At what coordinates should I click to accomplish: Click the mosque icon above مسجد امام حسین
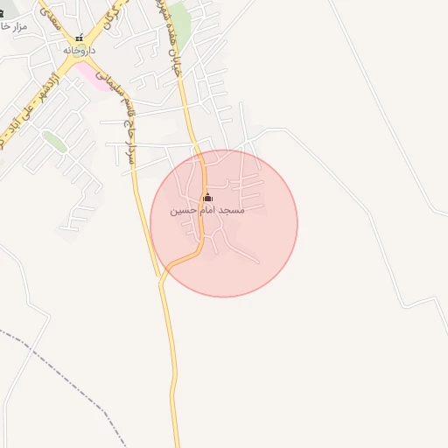point(206,197)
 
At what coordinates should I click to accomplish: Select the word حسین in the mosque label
point(180,211)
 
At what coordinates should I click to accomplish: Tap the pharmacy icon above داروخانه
point(79,38)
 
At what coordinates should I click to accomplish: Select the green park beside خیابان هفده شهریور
point(179,17)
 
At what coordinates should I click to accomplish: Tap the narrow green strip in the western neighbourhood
point(55,142)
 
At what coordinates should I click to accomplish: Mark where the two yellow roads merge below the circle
point(161,278)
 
